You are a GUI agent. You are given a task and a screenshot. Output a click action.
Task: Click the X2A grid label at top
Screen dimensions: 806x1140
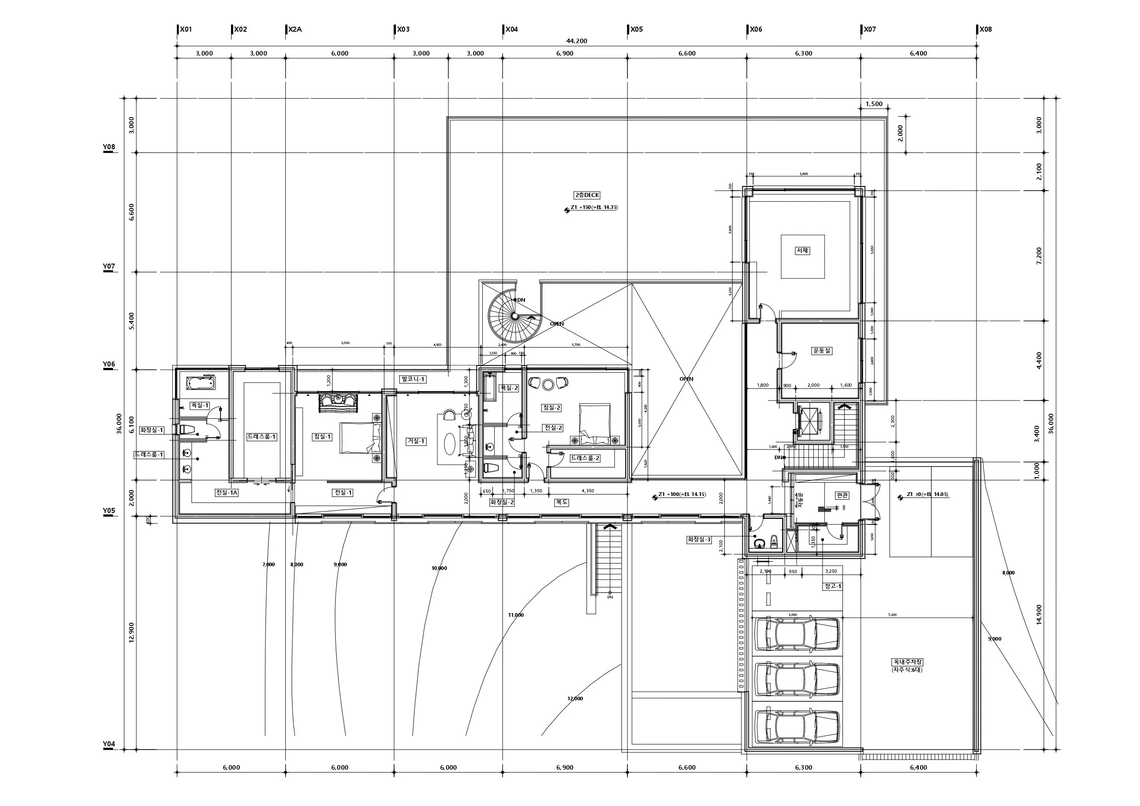pos(295,29)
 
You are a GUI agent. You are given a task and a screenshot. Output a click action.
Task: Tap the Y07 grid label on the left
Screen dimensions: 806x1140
pos(109,267)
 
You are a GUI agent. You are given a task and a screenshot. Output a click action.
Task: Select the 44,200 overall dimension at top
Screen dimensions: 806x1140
pos(576,41)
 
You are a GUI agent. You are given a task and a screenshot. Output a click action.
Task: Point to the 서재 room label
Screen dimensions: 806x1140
pos(802,251)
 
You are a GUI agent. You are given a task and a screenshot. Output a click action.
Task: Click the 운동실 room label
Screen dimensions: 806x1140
pos(821,350)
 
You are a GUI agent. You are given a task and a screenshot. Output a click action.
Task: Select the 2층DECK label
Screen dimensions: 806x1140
pos(587,195)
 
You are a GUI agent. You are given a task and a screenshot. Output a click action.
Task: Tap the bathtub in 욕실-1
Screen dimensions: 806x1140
pos(201,383)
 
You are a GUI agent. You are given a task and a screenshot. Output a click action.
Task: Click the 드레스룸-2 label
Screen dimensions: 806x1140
pos(585,458)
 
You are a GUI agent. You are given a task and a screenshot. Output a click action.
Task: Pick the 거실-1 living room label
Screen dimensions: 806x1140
pos(416,441)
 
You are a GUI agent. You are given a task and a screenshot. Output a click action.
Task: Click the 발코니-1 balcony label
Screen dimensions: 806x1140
pos(413,379)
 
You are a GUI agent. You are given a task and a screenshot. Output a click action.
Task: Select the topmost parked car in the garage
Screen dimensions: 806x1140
pos(796,634)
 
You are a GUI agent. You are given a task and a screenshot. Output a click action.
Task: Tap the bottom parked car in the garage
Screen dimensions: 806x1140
pos(796,727)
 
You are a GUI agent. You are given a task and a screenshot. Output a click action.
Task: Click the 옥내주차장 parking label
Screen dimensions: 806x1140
pos(907,662)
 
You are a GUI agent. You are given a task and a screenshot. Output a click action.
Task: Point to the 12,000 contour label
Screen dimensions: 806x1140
pos(575,699)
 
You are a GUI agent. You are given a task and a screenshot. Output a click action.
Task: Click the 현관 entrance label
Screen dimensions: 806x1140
pos(842,495)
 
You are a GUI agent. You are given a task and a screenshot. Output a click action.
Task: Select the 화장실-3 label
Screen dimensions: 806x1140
pos(699,539)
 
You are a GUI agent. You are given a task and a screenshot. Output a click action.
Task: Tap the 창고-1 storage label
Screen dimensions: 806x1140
pos(833,586)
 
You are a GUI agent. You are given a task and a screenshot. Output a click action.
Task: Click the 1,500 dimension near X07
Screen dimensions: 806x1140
pos(874,104)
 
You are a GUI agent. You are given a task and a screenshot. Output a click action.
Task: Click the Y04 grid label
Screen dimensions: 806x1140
pos(109,744)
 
